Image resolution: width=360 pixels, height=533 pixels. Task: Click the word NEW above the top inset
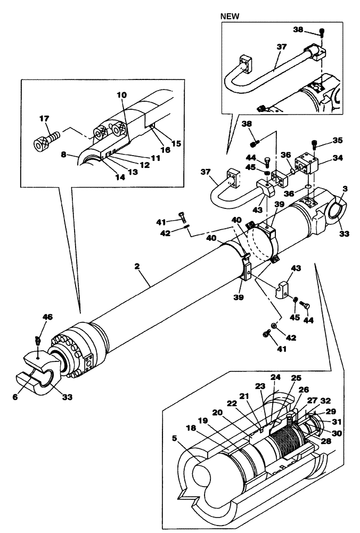point(230,17)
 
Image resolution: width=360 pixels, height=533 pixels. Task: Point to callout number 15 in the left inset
point(161,143)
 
